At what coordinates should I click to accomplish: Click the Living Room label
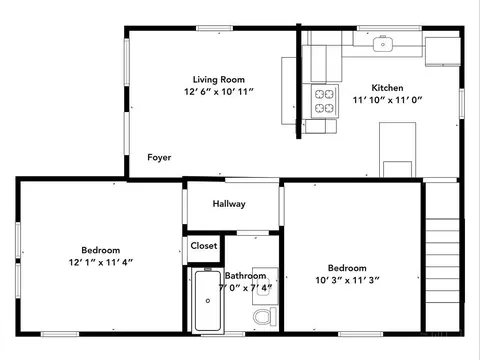(x=219, y=79)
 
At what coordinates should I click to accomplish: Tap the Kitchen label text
(x=387, y=88)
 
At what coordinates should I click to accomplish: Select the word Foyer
(x=159, y=157)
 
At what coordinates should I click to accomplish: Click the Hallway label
(x=229, y=204)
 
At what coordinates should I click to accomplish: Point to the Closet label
(x=204, y=246)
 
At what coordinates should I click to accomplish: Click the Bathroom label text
(x=246, y=276)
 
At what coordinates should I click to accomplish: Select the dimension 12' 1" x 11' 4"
(x=101, y=262)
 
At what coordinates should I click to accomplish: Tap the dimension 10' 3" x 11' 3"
(x=347, y=280)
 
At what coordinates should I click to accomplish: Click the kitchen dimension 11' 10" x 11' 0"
(x=387, y=100)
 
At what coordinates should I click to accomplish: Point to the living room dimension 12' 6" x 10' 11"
(x=219, y=91)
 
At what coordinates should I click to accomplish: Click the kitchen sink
(x=383, y=44)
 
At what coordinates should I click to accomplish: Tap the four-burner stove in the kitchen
(x=325, y=101)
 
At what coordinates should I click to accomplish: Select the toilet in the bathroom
(x=265, y=316)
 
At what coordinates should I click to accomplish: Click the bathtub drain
(x=208, y=301)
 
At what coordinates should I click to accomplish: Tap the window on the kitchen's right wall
(x=461, y=103)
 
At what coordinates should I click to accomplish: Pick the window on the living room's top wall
(x=214, y=28)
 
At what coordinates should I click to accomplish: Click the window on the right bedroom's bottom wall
(x=361, y=334)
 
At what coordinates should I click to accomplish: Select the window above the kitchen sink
(x=389, y=28)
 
